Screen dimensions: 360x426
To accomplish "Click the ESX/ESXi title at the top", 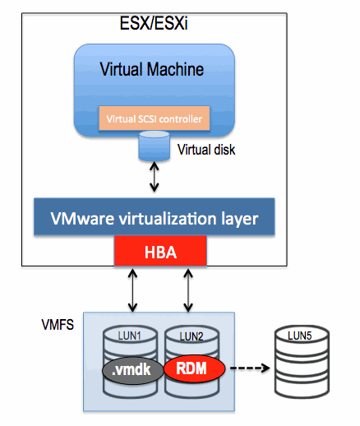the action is click(154, 23).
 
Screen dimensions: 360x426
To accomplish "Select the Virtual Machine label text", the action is click(152, 69).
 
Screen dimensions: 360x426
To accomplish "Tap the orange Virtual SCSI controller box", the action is click(155, 118).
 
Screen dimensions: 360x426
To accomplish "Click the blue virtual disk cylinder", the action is click(154, 146).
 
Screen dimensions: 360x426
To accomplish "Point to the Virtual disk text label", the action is click(206, 150).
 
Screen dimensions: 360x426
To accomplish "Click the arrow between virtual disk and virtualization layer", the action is click(155, 177).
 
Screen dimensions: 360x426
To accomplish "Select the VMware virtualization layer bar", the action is click(155, 216).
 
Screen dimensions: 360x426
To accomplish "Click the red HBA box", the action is click(160, 251).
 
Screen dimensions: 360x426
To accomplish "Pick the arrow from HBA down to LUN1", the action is click(133, 290).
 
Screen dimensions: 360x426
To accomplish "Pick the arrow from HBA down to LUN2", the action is click(188, 290).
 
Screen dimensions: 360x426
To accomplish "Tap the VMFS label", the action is click(58, 325).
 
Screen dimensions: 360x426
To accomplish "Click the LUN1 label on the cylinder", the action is click(129, 336).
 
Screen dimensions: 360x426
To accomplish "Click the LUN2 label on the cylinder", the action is click(192, 336).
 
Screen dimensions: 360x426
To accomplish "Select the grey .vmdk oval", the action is click(133, 370).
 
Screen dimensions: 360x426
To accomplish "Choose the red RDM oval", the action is click(194, 368).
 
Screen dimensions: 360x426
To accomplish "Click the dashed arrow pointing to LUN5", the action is click(250, 368).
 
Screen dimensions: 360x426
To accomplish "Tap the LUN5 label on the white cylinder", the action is click(300, 336).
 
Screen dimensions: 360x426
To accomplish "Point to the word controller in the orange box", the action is click(180, 119).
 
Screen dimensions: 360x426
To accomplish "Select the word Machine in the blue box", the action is click(175, 69).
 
